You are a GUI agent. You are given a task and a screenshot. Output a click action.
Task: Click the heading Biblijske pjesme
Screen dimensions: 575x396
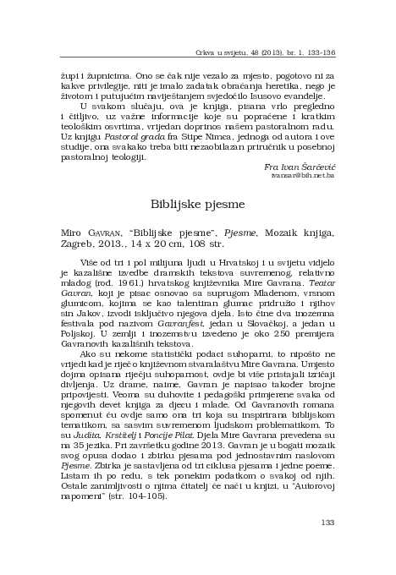pos(198,203)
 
